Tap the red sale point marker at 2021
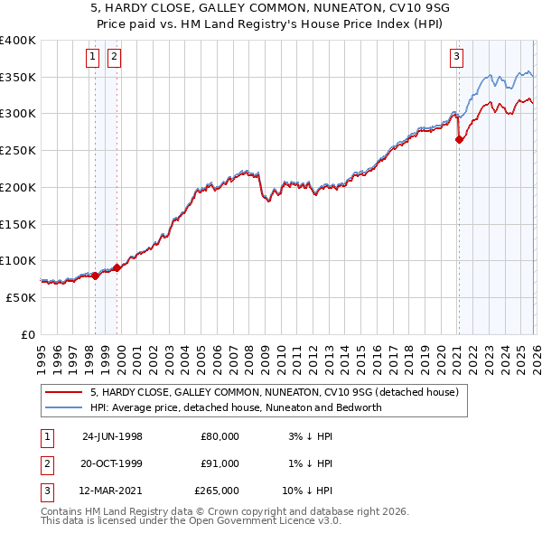459,139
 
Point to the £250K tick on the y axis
18,150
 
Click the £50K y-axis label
22,296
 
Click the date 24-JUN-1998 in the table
112,435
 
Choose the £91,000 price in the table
220,463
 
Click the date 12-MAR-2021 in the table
112,491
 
